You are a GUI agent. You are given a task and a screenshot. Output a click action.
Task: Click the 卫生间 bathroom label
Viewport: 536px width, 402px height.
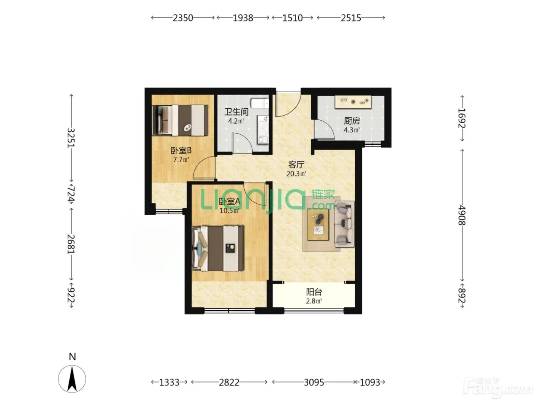pyautogui.click(x=236, y=112)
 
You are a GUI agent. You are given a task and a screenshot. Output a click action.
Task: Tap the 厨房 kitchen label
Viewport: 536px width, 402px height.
pyautogui.click(x=351, y=121)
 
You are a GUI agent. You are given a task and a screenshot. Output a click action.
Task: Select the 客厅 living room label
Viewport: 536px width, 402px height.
pyautogui.click(x=296, y=165)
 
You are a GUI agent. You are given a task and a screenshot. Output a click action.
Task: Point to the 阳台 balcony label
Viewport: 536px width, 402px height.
pyautogui.click(x=314, y=292)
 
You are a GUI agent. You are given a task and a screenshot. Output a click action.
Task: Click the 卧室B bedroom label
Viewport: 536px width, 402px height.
pyautogui.click(x=181, y=150)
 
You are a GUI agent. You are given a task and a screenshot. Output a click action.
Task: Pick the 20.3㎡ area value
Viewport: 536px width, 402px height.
pyautogui.click(x=296, y=174)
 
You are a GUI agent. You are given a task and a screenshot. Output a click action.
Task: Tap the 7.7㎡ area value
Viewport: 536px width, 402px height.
pyautogui.click(x=181, y=160)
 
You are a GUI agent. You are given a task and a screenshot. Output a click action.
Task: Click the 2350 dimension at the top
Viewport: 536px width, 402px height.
pyautogui.click(x=183, y=18)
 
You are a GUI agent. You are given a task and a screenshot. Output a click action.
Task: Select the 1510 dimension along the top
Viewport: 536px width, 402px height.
pyautogui.click(x=293, y=18)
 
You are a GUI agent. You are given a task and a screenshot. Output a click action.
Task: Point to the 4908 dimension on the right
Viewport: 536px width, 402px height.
pyautogui.click(x=462, y=215)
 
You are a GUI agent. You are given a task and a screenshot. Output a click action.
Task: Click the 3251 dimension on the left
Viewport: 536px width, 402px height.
pyautogui.click(x=71, y=138)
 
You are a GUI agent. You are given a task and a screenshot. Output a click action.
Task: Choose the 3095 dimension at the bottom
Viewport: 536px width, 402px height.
pyautogui.click(x=314, y=382)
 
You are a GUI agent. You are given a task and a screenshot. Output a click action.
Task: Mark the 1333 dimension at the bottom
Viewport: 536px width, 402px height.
pyautogui.click(x=169, y=382)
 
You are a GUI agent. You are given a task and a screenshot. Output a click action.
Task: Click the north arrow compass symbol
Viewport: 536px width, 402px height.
pyautogui.click(x=72, y=379)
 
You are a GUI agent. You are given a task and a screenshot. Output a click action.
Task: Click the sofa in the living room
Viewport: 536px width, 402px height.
pyautogui.click(x=344, y=224)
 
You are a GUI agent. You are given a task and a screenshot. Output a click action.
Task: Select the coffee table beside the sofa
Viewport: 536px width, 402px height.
pyautogui.click(x=318, y=225)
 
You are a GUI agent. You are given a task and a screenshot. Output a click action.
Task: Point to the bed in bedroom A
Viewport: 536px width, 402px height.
pyautogui.click(x=218, y=248)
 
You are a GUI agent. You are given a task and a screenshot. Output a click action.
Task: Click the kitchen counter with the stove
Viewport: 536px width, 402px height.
pyautogui.click(x=353, y=102)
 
